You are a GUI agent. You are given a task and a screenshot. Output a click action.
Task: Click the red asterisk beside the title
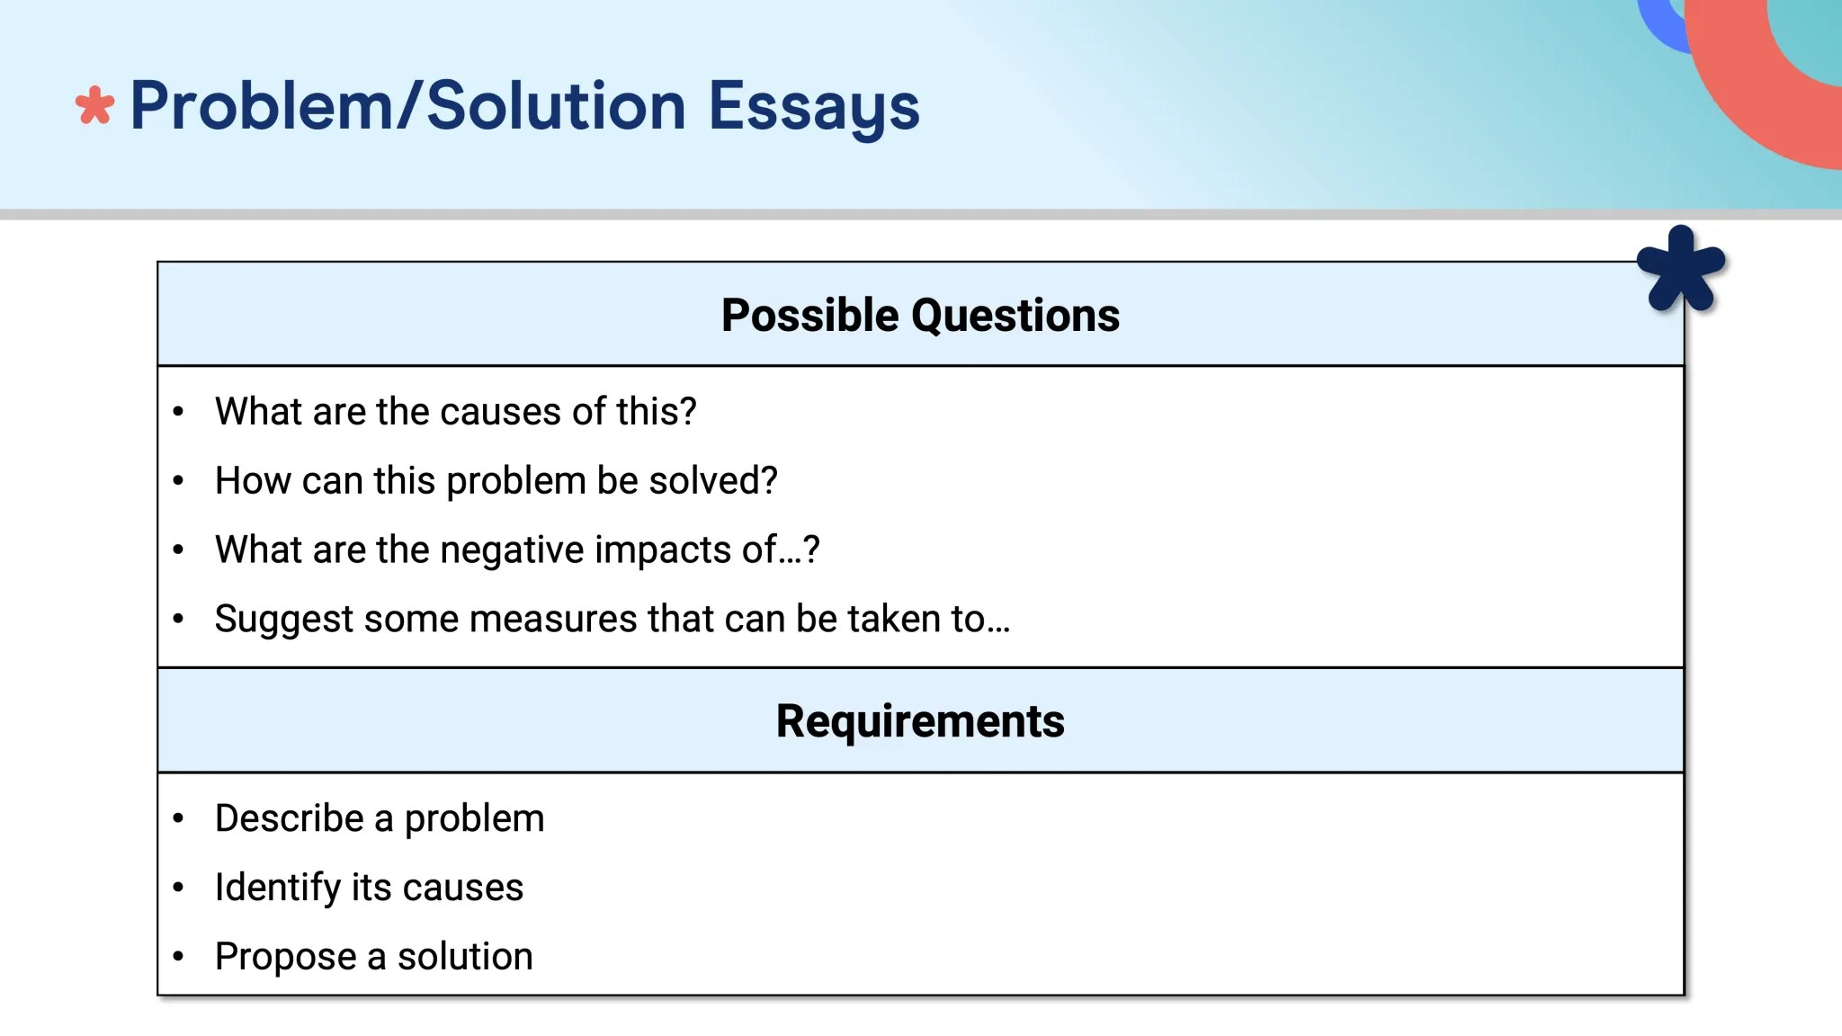tap(94, 106)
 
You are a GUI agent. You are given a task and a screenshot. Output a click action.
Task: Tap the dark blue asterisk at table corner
tap(1680, 270)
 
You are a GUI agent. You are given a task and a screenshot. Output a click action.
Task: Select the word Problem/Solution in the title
tap(407, 106)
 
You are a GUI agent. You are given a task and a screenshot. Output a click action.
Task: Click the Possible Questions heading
tap(920, 316)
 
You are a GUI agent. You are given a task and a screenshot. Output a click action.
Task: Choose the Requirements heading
tap(920, 721)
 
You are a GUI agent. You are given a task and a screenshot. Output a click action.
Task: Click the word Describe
tap(290, 818)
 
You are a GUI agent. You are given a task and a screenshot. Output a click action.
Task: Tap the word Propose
tap(285, 957)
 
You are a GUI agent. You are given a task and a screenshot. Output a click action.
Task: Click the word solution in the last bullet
tap(465, 957)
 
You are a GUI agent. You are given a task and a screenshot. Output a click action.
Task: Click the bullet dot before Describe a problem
tap(178, 818)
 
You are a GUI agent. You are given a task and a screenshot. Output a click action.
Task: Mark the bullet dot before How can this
tap(178, 481)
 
